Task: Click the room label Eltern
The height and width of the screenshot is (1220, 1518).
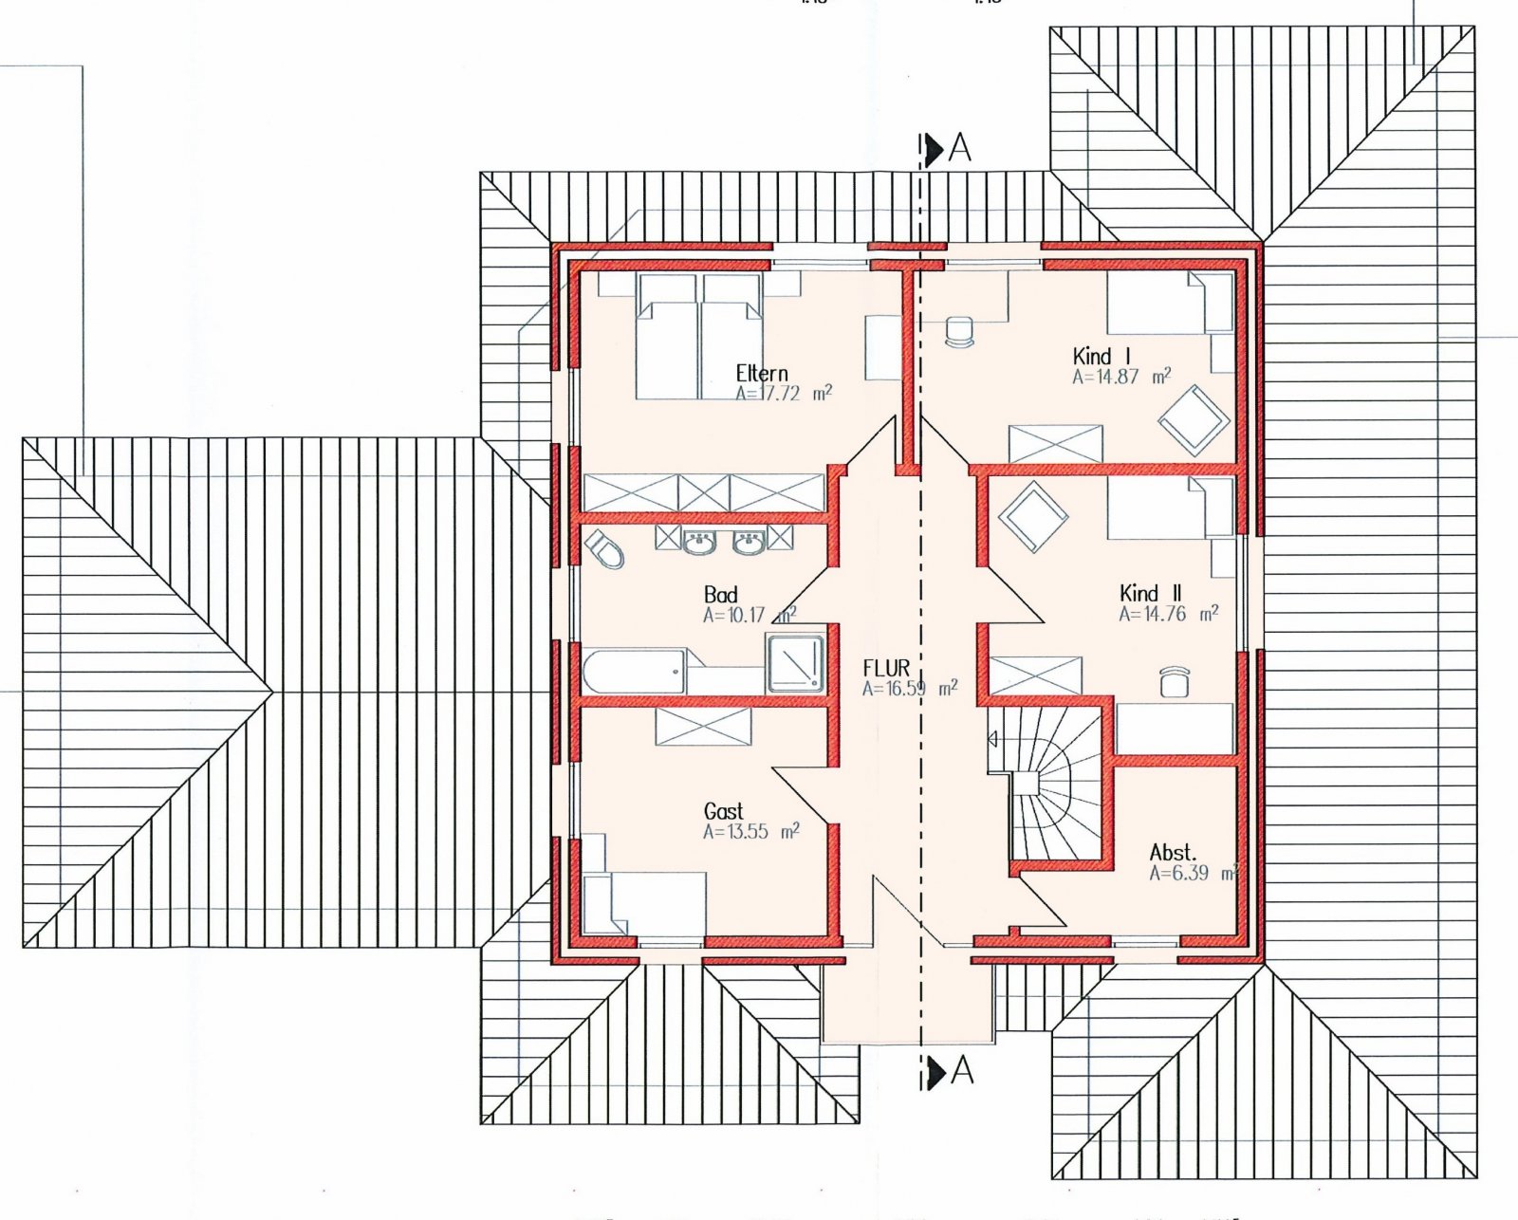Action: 761,373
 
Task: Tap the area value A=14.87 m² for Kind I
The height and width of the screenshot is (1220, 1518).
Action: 1120,377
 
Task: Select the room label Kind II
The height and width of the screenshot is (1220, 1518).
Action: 1150,593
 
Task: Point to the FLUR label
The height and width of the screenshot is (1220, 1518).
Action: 886,668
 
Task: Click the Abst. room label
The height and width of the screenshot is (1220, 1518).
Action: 1173,852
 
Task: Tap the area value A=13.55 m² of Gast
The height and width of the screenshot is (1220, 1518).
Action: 750,832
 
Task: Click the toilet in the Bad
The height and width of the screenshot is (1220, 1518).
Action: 605,549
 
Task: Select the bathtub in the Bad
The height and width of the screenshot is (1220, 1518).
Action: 634,671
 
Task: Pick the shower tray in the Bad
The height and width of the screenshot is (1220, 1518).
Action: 795,662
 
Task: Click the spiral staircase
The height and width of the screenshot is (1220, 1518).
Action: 1048,783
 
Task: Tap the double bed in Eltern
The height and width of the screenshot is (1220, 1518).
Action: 699,337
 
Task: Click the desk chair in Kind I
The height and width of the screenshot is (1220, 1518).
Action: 960,331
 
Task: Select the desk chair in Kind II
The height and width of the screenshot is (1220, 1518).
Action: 1175,681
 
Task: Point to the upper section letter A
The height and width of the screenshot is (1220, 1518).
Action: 960,148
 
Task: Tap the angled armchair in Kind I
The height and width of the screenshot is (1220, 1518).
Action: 1193,419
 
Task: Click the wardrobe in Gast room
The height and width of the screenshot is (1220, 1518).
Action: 703,727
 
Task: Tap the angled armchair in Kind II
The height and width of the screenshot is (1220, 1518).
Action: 1032,516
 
